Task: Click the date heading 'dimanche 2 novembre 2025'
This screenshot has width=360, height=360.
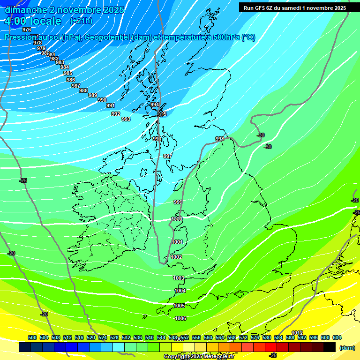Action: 64,10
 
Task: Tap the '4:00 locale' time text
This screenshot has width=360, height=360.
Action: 33,21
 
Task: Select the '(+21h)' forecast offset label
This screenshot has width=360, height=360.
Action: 81,21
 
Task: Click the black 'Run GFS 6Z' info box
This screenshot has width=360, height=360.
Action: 294,7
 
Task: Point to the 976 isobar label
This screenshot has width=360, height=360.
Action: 27,30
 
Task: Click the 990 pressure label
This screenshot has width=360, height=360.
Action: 102,100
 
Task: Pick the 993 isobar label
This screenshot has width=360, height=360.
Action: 126,119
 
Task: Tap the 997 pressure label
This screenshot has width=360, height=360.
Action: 167,156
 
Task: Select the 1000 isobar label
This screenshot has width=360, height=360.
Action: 177,219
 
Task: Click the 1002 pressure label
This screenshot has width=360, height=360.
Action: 176,257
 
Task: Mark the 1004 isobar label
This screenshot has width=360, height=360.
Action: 180,291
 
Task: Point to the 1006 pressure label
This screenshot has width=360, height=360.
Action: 180,318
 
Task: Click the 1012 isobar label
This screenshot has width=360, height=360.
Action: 297,333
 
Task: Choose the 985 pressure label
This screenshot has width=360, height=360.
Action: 68,73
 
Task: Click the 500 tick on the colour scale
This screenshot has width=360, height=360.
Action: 32,337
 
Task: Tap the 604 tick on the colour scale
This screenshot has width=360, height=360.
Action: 337,337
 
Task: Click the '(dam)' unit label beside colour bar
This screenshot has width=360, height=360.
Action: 347,348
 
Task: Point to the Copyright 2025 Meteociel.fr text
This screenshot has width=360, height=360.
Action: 199,356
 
